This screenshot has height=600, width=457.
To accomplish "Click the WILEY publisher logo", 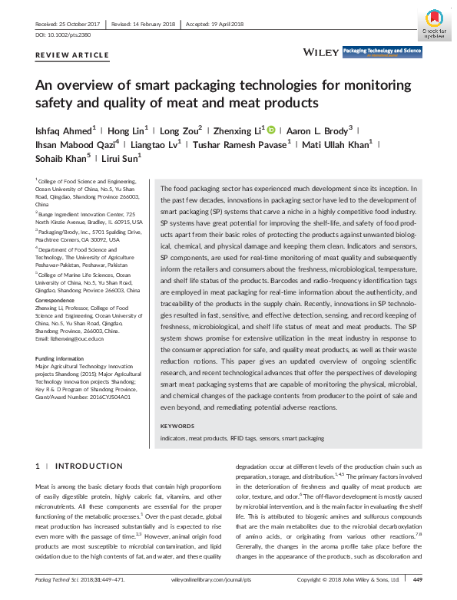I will (x=320, y=51).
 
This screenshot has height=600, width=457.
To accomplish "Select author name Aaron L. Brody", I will (x=314, y=130).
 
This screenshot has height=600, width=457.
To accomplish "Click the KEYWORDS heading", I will (x=177, y=425).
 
